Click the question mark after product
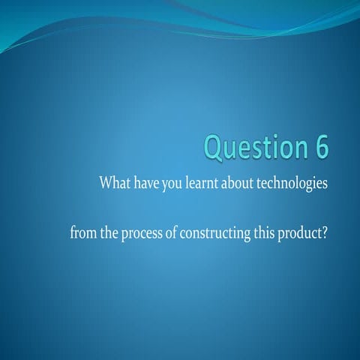325,233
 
